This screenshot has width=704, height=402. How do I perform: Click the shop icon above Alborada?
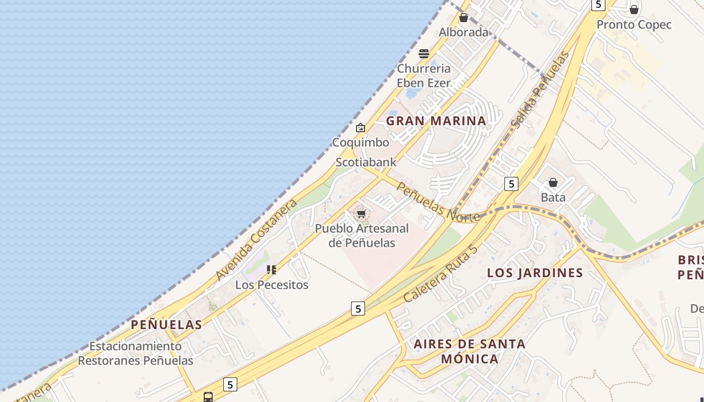(x=464, y=18)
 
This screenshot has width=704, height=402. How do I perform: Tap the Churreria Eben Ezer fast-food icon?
(x=424, y=53)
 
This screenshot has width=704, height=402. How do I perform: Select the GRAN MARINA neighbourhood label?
(x=436, y=121)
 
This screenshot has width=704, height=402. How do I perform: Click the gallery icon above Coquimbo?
(x=360, y=128)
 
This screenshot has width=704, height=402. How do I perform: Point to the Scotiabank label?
(x=366, y=162)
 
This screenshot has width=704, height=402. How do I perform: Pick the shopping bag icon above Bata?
(x=553, y=182)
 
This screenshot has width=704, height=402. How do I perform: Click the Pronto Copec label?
(x=634, y=25)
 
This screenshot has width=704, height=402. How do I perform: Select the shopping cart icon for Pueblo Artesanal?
(x=361, y=214)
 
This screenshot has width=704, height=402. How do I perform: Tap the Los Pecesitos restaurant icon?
(x=272, y=270)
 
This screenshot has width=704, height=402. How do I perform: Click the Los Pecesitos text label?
(x=272, y=285)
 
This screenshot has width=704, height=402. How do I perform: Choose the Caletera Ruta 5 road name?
(x=439, y=274)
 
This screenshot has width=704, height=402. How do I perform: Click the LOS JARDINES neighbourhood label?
(x=535, y=273)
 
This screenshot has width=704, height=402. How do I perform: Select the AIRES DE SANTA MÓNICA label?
(x=469, y=351)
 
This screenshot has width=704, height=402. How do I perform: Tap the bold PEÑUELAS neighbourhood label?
(x=166, y=325)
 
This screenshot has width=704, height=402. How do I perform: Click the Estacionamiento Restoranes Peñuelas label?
(x=135, y=353)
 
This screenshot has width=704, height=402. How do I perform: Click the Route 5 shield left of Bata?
(x=511, y=184)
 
